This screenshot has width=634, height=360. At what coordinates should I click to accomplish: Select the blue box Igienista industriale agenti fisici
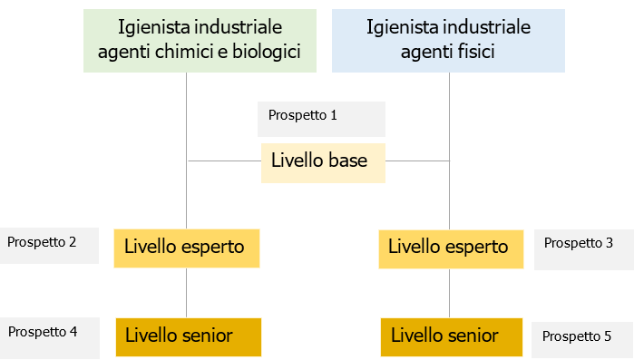click(x=448, y=40)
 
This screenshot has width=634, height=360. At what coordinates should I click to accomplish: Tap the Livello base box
click(x=323, y=162)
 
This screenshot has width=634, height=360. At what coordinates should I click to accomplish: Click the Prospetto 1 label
click(x=303, y=116)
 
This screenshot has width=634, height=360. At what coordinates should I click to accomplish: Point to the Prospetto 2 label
click(x=42, y=242)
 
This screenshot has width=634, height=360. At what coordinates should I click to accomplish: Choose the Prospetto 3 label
click(x=578, y=243)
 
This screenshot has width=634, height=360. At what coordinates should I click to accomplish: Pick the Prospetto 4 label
click(x=43, y=332)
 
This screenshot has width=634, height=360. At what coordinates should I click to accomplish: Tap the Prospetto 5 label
click(x=576, y=336)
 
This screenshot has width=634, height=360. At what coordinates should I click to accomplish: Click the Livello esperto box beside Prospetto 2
click(x=187, y=248)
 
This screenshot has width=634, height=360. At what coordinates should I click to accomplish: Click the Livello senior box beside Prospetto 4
click(x=188, y=336)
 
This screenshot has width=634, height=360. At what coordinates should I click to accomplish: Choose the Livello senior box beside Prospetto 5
click(x=452, y=336)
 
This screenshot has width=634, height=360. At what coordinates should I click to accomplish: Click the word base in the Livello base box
click(x=348, y=161)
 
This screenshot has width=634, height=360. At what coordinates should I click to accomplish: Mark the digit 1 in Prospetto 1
click(x=334, y=116)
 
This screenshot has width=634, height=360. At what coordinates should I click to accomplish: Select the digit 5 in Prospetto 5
click(x=607, y=336)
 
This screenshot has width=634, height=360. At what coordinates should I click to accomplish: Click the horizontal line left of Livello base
click(x=224, y=161)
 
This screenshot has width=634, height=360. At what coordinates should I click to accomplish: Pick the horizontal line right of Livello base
click(x=417, y=161)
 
